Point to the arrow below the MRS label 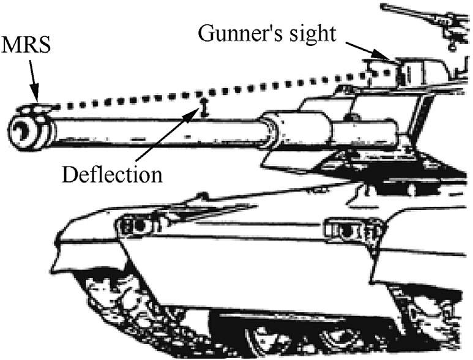pos(34,81)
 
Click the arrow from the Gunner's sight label pos(367,51)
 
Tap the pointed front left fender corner pos(54,269)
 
